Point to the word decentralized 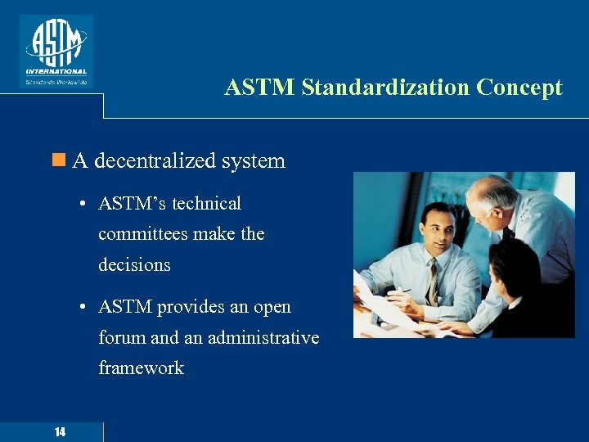click(155, 160)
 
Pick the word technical click(206, 203)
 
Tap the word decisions click(134, 264)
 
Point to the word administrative click(263, 337)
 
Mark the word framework click(141, 368)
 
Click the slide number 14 click(61, 432)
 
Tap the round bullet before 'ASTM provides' click(84, 308)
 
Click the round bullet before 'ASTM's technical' click(84, 204)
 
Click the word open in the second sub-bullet click(272, 308)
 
